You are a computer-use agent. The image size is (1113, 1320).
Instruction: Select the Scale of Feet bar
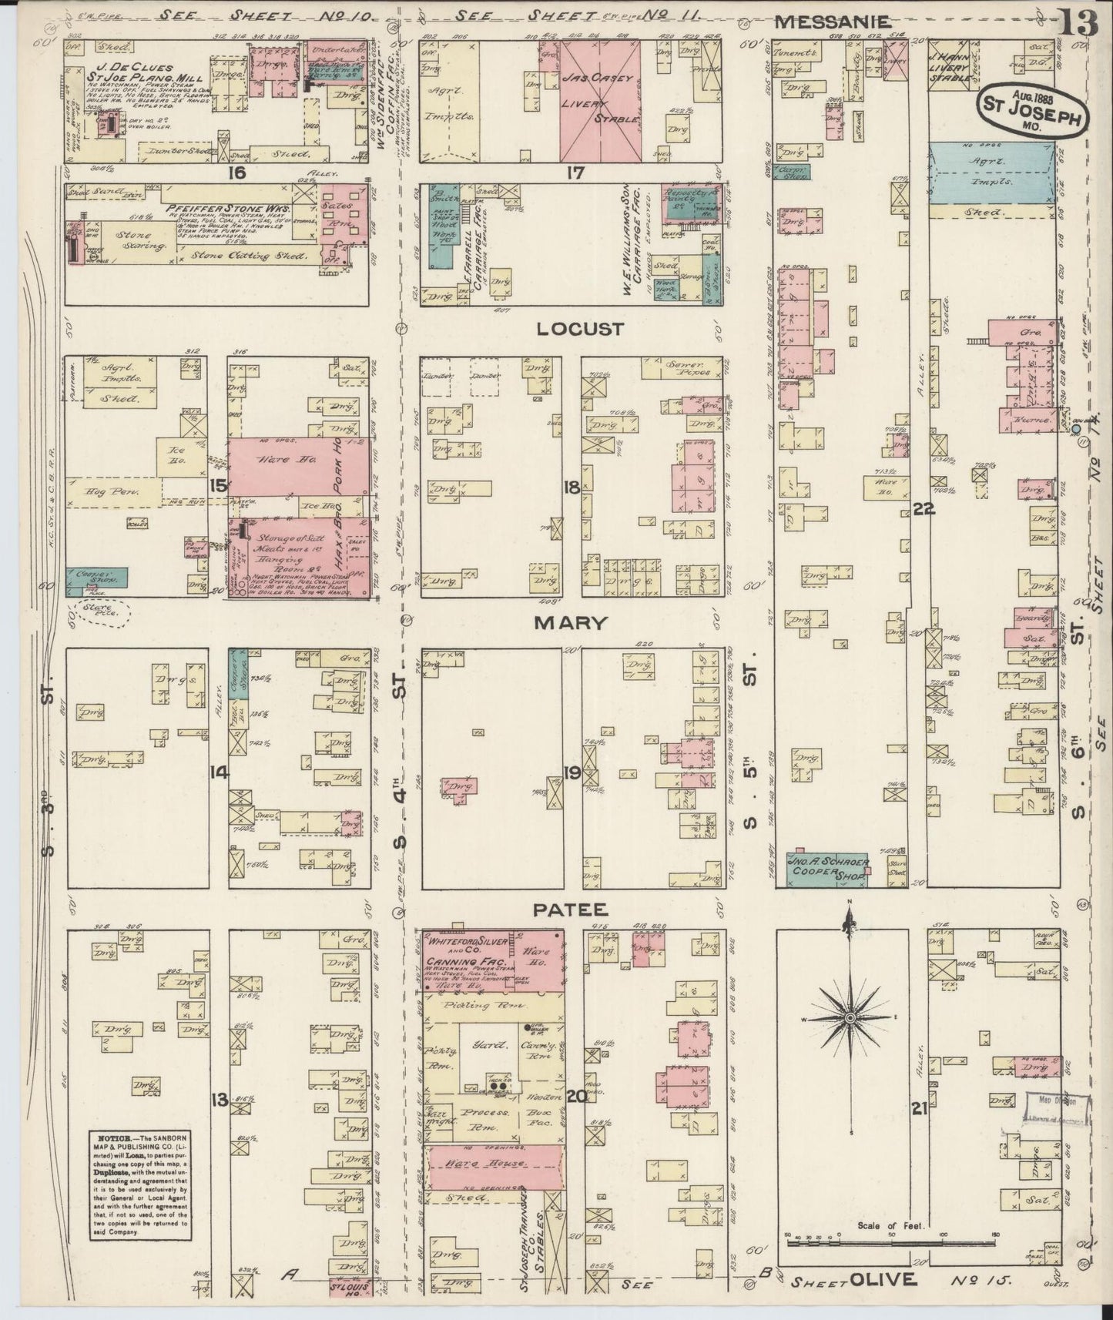[x=891, y=1241]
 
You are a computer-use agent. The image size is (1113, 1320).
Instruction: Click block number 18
[x=571, y=487]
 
